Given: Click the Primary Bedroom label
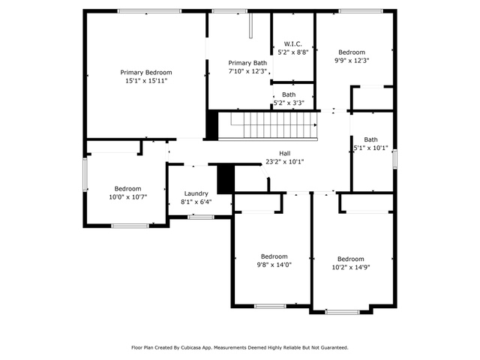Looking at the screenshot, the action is click(x=146, y=73).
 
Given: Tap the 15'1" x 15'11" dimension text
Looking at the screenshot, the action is click(x=146, y=81).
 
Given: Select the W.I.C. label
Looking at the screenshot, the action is click(x=293, y=44).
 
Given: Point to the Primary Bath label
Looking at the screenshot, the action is click(x=247, y=63).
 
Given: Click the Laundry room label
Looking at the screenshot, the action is click(x=196, y=193).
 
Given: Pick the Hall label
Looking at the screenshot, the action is click(x=285, y=153).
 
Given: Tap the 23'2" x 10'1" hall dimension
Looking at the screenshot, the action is click(x=285, y=162).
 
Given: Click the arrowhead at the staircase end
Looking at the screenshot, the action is click(x=315, y=125).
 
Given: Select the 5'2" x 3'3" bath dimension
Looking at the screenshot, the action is click(x=289, y=103).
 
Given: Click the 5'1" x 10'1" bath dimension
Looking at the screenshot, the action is click(x=370, y=148).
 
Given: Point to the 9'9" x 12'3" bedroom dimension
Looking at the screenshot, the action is click(x=352, y=60).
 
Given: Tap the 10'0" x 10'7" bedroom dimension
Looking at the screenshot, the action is click(x=128, y=196).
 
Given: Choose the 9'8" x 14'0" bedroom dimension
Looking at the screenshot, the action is click(x=274, y=265).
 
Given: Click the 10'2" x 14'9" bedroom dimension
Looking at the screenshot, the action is click(x=351, y=267).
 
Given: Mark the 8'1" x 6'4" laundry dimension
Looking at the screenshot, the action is click(x=196, y=202).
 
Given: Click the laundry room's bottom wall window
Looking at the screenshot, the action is click(x=201, y=217).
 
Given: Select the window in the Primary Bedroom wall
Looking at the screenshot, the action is click(x=150, y=11).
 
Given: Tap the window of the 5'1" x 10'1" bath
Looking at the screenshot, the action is click(x=395, y=159).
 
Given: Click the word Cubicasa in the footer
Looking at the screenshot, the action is click(x=191, y=347).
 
